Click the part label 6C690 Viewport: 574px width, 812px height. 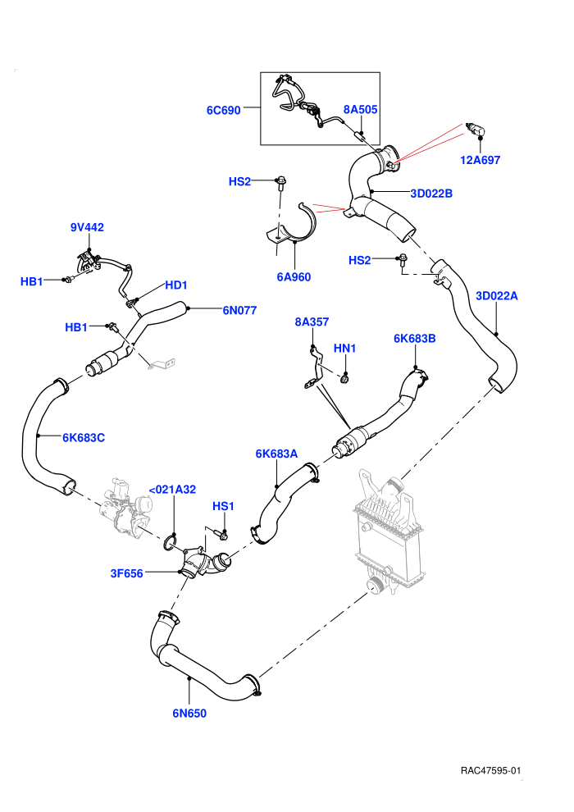coord(224,110)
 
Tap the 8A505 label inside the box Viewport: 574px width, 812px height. coord(360,109)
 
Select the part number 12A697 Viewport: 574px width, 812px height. coord(481,160)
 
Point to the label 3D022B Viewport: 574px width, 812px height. coord(431,194)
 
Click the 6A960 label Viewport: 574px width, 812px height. coord(294,277)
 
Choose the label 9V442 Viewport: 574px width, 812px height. coord(87,227)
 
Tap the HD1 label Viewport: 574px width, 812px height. coord(176,285)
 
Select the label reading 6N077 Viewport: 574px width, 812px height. coord(239,310)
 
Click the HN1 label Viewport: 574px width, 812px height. coord(344,349)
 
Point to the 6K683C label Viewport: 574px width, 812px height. coord(84,438)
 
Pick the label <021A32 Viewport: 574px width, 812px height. coord(172,490)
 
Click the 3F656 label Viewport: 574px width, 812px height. coord(127,573)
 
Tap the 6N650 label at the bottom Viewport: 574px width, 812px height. coord(189,713)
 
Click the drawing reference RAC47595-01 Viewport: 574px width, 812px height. coord(490,770)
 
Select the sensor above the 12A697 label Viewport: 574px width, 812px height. coord(476,130)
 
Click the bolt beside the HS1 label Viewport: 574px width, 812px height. coord(221,532)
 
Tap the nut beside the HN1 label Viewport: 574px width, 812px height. coord(344,379)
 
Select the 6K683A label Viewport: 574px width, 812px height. coord(276,454)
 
